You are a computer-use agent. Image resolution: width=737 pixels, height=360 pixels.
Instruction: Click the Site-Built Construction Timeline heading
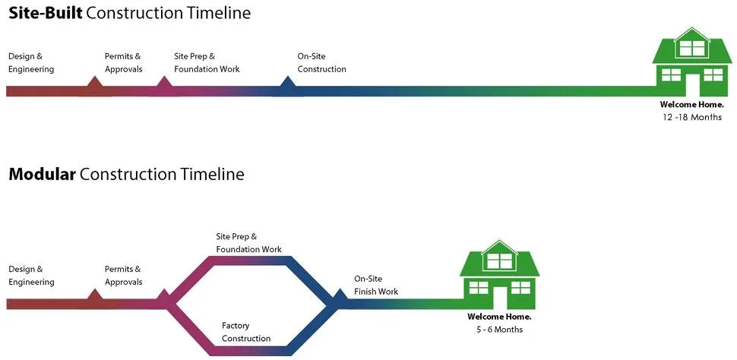point(129,13)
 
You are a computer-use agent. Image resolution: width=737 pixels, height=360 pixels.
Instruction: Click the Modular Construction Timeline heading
point(126,174)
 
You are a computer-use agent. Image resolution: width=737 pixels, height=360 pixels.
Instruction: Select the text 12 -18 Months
point(691,118)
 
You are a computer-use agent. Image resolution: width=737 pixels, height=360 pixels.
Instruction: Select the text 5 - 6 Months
point(499,330)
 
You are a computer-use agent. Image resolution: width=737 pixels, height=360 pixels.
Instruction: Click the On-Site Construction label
point(321,63)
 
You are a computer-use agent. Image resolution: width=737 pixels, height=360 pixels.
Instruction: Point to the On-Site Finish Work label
point(376,285)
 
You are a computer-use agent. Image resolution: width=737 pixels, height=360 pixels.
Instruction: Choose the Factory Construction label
point(246,332)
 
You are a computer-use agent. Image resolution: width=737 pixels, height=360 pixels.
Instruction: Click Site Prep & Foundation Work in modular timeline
point(248,243)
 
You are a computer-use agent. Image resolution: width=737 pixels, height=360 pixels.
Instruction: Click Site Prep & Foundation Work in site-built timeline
point(207,63)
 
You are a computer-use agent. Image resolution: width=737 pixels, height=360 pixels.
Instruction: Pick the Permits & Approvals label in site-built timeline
point(123,63)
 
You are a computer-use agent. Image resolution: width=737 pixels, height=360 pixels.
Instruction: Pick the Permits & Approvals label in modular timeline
point(123,275)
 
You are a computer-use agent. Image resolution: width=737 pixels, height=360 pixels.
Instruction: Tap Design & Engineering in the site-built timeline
point(31,63)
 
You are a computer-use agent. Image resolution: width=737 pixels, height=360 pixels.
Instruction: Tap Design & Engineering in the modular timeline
point(31,275)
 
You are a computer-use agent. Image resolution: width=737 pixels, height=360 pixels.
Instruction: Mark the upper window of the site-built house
point(691,49)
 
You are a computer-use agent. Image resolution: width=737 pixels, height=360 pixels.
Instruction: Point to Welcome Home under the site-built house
point(691,105)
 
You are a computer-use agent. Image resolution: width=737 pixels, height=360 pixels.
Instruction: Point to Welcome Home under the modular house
point(499,317)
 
